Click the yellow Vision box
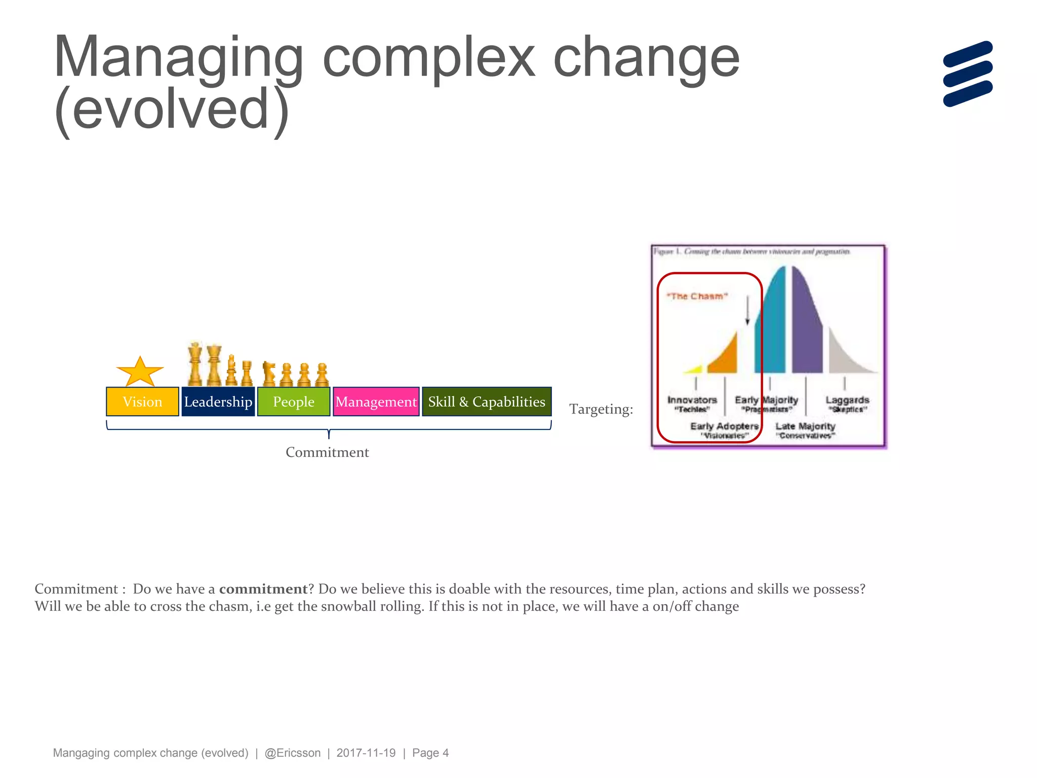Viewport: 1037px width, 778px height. (142, 402)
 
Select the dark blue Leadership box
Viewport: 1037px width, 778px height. (218, 402)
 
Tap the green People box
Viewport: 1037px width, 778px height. (294, 402)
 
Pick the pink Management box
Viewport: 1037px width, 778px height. (376, 402)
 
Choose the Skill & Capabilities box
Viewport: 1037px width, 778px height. (487, 402)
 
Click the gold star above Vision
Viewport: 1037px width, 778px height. (140, 372)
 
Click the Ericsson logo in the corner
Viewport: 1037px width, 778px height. (968, 74)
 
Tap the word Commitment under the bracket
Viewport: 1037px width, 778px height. (327, 452)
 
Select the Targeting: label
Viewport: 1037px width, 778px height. (601, 409)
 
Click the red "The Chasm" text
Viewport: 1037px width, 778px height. (697, 296)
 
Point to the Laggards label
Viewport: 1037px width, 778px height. (847, 400)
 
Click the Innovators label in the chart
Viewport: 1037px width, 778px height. (692, 400)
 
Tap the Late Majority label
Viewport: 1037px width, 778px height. (805, 426)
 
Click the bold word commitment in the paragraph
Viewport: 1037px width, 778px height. (263, 589)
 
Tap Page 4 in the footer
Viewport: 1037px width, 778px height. (430, 753)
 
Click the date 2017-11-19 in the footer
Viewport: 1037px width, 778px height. (366, 753)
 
